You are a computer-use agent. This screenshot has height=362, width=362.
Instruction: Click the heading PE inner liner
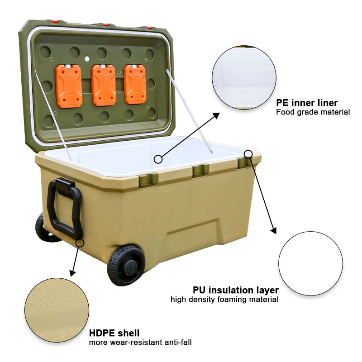[307, 103]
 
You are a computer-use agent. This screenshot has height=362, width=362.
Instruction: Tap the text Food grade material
[313, 112]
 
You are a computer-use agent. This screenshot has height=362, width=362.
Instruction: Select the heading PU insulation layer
[235, 290]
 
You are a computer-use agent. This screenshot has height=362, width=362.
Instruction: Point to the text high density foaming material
[224, 300]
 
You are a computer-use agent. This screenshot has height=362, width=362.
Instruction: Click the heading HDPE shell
[114, 333]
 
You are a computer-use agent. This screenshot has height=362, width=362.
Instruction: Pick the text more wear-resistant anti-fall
[140, 342]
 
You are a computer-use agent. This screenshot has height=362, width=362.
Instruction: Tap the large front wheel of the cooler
[126, 265]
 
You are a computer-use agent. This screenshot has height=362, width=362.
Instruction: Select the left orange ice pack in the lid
[69, 86]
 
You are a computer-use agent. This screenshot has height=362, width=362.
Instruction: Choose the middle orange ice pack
[104, 85]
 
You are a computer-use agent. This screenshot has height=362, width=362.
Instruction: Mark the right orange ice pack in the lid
[135, 84]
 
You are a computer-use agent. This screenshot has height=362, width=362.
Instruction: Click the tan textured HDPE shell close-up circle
[57, 310]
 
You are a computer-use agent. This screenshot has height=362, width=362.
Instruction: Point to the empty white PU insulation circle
[310, 263]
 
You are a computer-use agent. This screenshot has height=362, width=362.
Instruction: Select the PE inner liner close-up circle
[244, 77]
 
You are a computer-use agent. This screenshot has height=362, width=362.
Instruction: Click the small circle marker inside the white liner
[158, 159]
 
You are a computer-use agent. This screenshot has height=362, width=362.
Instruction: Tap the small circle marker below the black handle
[80, 243]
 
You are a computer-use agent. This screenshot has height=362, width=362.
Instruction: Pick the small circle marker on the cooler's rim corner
[248, 153]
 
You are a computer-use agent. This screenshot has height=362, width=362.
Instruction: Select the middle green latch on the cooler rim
[200, 171]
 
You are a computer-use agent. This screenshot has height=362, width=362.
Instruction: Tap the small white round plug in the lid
[87, 59]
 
